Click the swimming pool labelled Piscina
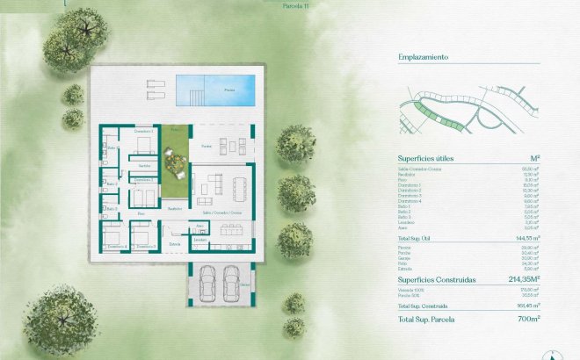point(215,88)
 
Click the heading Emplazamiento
point(424,57)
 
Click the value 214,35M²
point(518,279)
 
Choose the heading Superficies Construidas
point(436,279)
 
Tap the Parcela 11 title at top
point(296,4)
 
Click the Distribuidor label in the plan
point(175,208)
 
